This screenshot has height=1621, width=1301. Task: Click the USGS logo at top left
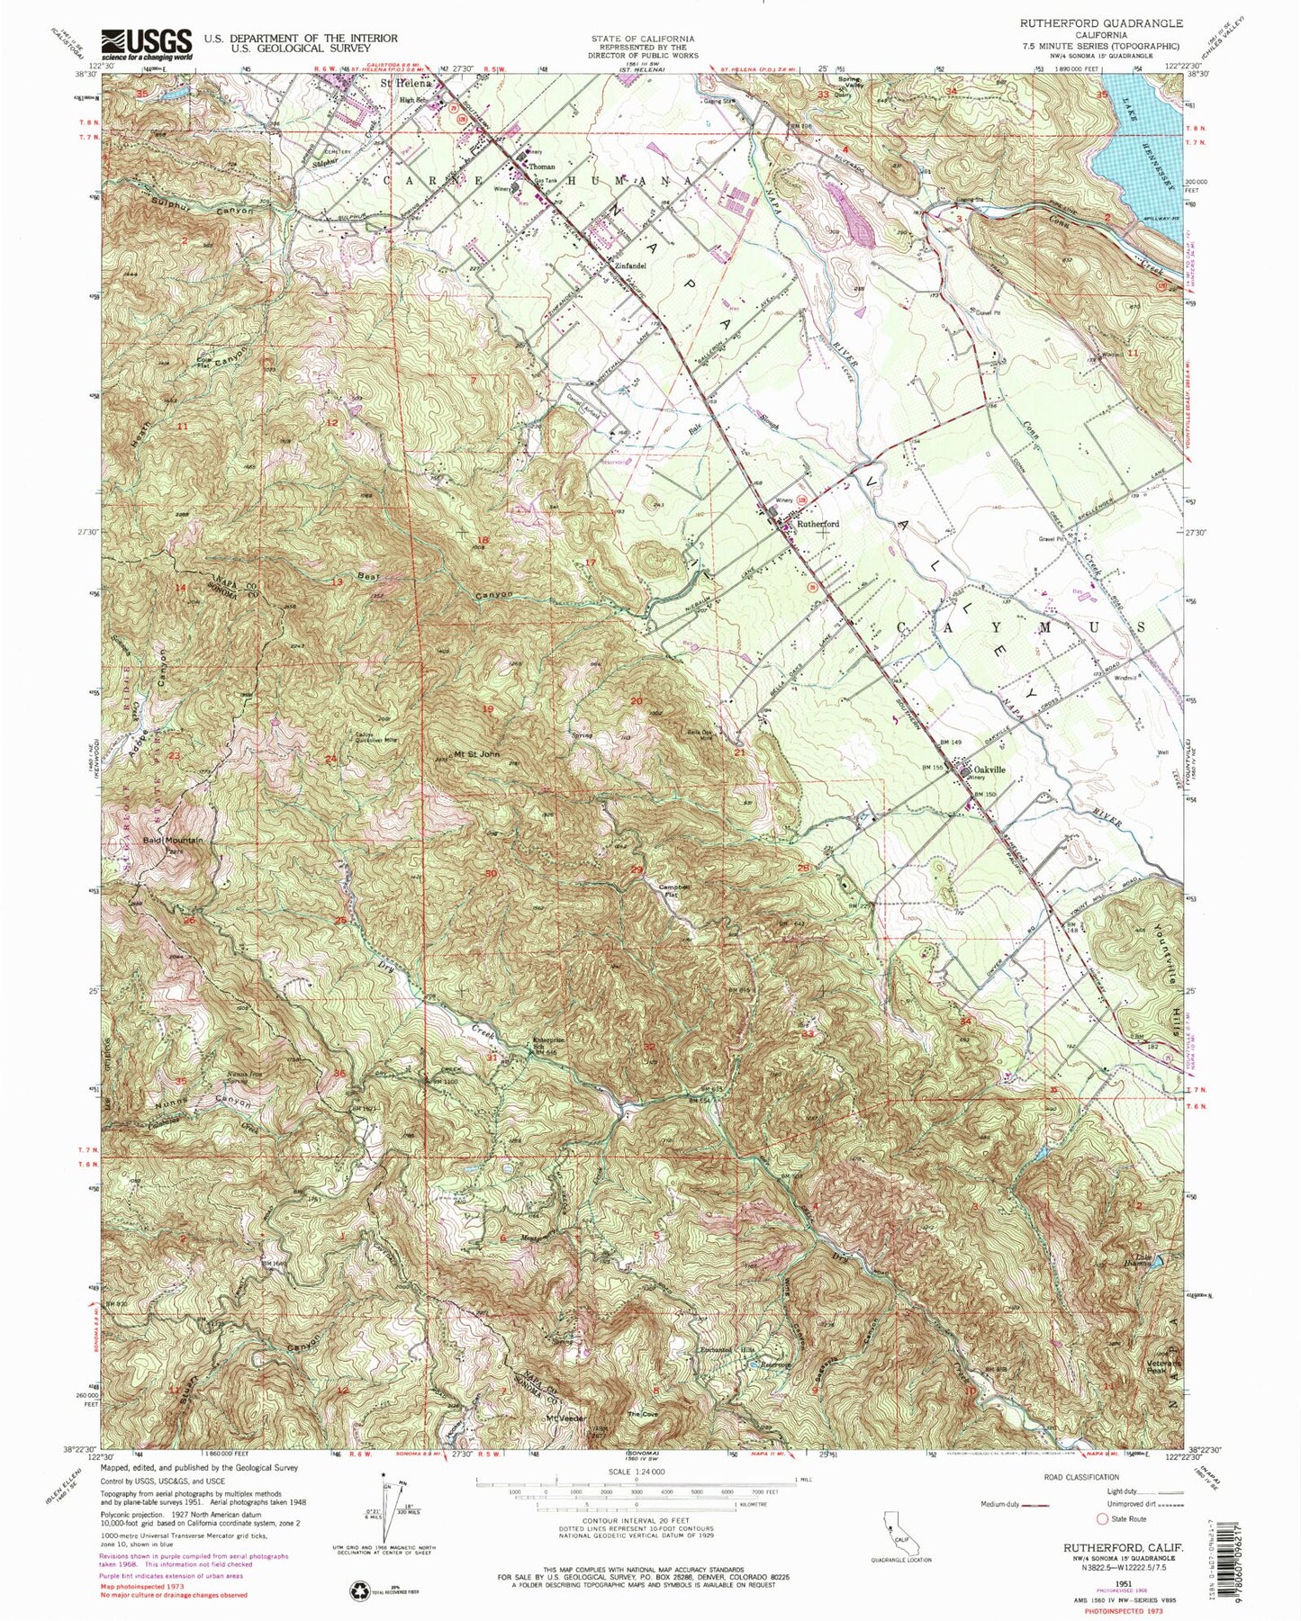[149, 42]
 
